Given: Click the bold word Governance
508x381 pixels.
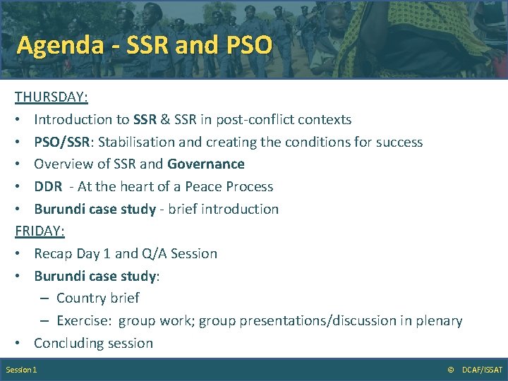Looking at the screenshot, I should (206, 164).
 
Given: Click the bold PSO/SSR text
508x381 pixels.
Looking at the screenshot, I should (63, 142).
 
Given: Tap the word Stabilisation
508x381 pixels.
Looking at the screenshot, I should (137, 142).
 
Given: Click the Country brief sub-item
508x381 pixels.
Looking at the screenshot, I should (97, 298).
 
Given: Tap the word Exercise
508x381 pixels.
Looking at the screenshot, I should (83, 321).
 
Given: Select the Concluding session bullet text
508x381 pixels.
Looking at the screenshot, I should (93, 344).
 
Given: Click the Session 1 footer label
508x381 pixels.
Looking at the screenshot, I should (21, 370).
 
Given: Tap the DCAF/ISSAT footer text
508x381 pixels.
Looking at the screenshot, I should (482, 370).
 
